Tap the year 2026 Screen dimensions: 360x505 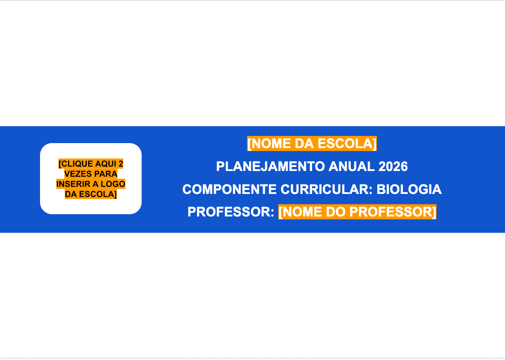coord(393,166)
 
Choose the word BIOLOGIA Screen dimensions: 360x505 coord(409,189)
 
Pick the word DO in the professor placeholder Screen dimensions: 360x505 coord(335,212)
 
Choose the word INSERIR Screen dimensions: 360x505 coord(72,184)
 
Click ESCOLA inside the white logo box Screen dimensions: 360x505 coord(97,194)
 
